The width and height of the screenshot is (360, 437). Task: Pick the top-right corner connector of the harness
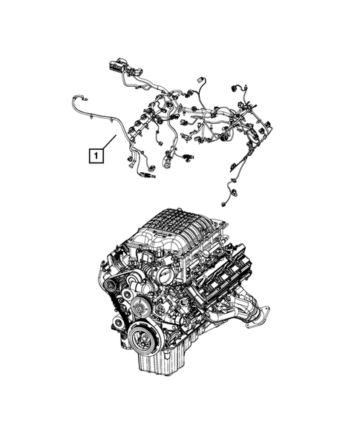[x=239, y=88]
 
